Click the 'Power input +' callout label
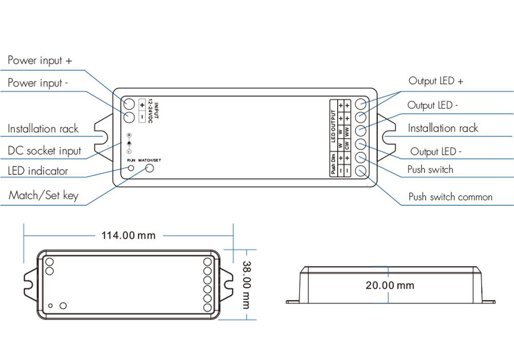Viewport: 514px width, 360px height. pos(40,61)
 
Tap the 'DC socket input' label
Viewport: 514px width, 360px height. pos(44,151)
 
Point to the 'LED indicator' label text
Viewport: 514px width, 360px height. pos(38,171)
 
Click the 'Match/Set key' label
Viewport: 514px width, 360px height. pos(43,196)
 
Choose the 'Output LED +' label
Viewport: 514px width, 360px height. pos(436,81)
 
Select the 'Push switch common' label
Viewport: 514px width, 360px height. pos(450,197)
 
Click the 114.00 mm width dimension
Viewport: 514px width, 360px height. pos(128,236)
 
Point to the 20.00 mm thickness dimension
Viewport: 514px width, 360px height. pos(390,285)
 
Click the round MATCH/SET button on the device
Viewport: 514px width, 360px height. pos(150,168)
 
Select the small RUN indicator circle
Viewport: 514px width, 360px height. pos(131,168)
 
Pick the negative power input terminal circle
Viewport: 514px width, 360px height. pos(128,116)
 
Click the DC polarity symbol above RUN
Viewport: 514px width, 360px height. pos(129,143)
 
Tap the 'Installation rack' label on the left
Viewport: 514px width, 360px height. pos(43,129)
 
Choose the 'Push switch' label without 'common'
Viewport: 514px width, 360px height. pos(430,170)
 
